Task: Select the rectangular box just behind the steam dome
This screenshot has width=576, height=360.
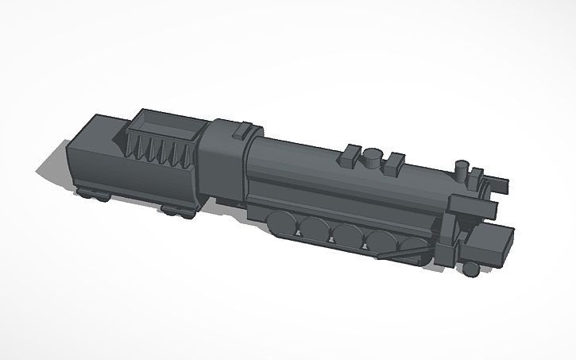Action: (x=348, y=156)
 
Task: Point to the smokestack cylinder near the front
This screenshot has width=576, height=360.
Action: (x=460, y=170)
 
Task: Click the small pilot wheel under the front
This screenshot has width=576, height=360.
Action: (x=471, y=270)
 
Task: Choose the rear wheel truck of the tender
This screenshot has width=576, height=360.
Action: (x=93, y=194)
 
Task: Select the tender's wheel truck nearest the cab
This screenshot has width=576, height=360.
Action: (x=177, y=211)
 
